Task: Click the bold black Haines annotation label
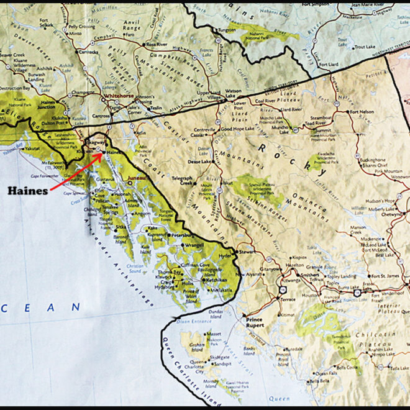[27, 191]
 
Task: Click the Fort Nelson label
[362, 112]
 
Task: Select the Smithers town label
[309, 273]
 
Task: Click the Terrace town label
[288, 299]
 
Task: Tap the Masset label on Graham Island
[214, 334]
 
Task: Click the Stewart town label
[247, 251]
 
